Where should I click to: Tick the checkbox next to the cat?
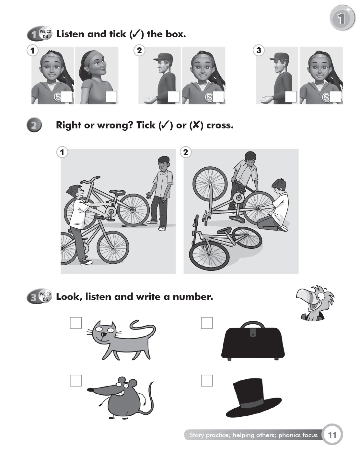pos(76,323)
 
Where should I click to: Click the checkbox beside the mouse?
pos(76,380)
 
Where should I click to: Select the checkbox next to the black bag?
pos(207,323)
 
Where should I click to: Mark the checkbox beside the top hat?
pos(207,380)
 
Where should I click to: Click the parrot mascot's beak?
pos(304,296)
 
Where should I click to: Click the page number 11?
pos(332,435)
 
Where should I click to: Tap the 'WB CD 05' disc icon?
pos(45,296)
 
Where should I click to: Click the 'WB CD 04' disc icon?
pos(45,34)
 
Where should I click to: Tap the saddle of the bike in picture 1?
pos(117,192)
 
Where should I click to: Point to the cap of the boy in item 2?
pos(163,57)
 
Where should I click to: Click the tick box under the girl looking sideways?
pos(111,97)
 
